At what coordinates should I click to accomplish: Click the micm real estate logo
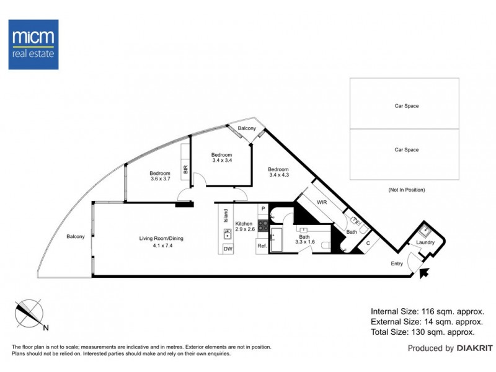33,44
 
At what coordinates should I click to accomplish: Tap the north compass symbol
29,314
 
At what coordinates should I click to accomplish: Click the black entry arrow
424,272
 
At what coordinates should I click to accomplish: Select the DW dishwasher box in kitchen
228,249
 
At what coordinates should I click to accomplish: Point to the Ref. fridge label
262,246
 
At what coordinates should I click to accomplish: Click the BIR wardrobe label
185,169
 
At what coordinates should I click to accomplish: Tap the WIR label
322,203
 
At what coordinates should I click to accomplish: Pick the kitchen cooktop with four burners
263,226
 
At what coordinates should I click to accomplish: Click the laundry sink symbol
424,230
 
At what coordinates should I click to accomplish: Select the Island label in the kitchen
226,215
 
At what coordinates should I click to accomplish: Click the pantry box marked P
263,209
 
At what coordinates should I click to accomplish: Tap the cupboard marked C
368,243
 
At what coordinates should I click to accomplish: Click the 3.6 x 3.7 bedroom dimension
161,179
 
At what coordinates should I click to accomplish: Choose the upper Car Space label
407,106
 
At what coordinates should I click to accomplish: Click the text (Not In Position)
407,190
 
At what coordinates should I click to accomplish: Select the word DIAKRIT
475,348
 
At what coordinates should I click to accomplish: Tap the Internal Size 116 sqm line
427,312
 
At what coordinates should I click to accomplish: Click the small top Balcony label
247,128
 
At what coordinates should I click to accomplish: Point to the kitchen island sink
228,234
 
